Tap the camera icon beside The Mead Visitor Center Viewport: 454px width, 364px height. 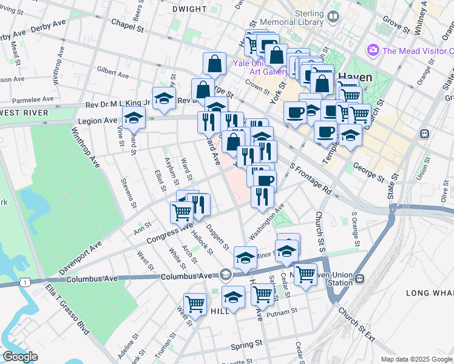pyautogui.click(x=373, y=50)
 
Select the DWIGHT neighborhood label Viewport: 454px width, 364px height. pyautogui.click(x=190, y=9)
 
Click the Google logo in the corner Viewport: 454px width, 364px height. pyautogui.click(x=20, y=357)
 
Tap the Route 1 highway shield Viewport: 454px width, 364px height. pyautogui.click(x=24, y=282)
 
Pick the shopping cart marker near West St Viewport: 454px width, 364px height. pyautogui.click(x=195, y=303)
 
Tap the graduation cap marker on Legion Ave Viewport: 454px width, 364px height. pyautogui.click(x=134, y=117)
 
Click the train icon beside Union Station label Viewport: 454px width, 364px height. pyautogui.click(x=360, y=279)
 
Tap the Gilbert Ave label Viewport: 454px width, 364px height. pyautogui.click(x=113, y=74)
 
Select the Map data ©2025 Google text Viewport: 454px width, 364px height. pyautogui.click(x=416, y=359)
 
